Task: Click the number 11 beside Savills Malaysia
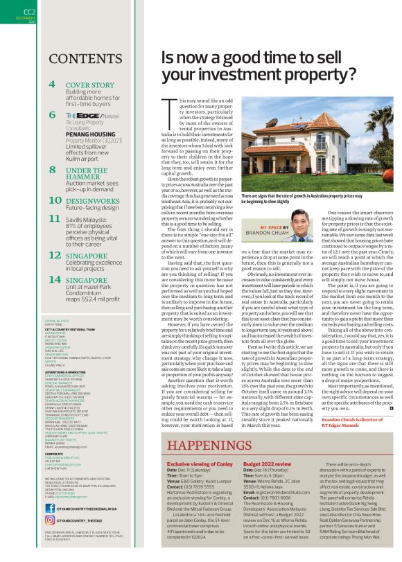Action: click(54, 218)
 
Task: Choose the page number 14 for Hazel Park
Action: click(53, 280)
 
